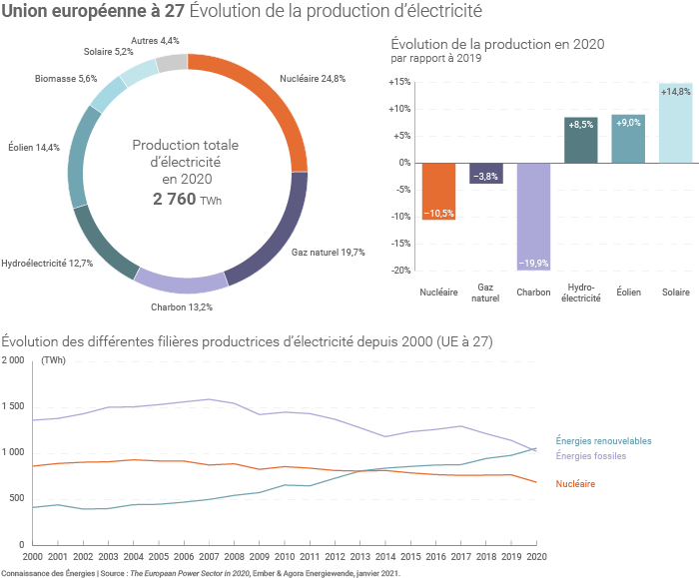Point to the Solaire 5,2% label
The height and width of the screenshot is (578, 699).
pos(109,51)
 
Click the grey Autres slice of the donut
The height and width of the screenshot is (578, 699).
pos(172,63)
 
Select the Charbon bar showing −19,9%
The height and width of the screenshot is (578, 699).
pos(533,216)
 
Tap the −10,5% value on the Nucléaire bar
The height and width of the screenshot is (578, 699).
pos(438,214)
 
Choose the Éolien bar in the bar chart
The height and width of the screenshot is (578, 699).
pos(628,138)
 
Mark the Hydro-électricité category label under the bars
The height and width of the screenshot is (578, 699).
pos(581,292)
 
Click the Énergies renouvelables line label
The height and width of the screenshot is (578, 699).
pos(603,440)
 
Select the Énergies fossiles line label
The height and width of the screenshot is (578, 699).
pos(591,456)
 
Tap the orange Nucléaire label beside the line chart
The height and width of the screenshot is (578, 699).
pos(576,484)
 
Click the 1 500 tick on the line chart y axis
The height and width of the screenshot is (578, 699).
pos(13,406)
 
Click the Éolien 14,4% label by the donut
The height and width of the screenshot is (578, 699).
pos(34,148)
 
